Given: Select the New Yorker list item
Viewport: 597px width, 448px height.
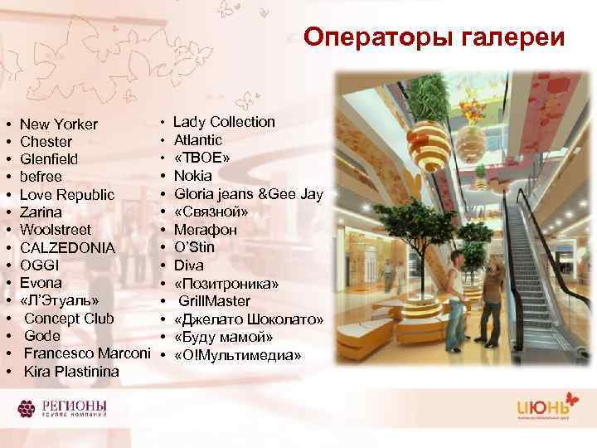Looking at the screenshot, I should pos(59,124).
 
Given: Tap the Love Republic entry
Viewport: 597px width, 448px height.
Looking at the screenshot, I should pos(67,194).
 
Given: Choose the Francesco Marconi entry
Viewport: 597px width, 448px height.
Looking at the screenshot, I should pos(87,353).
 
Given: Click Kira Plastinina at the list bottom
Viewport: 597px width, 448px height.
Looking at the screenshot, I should pos(72,371).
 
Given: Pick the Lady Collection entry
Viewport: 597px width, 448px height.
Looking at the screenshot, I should pos(224,122).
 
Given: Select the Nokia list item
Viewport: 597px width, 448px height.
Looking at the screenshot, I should pos(192,176).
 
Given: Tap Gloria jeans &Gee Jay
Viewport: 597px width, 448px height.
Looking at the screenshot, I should pos(248,193).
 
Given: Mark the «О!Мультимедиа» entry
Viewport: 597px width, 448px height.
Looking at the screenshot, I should pos(237,355).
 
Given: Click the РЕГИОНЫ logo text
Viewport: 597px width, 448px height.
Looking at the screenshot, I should pos(71,407).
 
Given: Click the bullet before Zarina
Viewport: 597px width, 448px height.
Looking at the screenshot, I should pos(7,212).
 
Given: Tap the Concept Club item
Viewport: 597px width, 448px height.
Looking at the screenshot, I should pos(70,319).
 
